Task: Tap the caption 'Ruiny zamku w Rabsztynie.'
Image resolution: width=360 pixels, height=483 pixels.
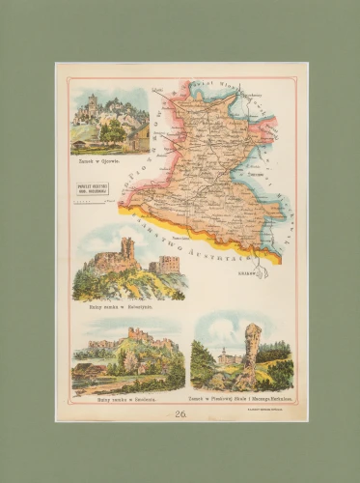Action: pos(121,304)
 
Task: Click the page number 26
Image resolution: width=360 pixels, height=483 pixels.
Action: pos(180,413)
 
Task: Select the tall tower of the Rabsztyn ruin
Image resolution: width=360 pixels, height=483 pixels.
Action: pos(127,252)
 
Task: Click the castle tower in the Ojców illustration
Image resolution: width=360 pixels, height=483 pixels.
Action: pos(93,103)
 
